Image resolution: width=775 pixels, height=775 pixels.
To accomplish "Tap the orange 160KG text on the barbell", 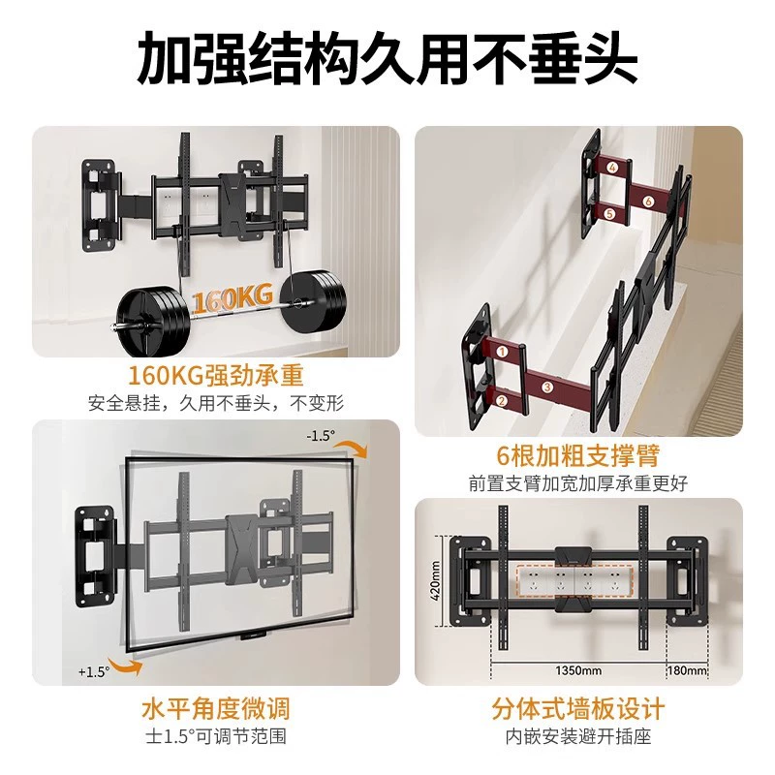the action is pyautogui.click(x=232, y=298).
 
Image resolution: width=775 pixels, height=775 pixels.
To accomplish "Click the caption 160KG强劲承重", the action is pyautogui.click(x=215, y=376).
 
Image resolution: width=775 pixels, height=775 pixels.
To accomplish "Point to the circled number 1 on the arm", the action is pyautogui.click(x=502, y=352).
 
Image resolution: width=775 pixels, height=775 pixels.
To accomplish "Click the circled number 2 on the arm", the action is pyautogui.click(x=501, y=400).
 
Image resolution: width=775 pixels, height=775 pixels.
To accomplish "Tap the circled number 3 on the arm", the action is pyautogui.click(x=546, y=387).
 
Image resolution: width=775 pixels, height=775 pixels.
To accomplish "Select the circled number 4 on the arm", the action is pyautogui.click(x=613, y=168).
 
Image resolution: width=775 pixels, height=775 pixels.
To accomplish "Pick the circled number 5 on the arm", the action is pyautogui.click(x=610, y=213).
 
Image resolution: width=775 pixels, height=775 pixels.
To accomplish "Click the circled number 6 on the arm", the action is pyautogui.click(x=648, y=201).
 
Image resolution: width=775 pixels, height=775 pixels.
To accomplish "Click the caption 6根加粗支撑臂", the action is pyautogui.click(x=577, y=455).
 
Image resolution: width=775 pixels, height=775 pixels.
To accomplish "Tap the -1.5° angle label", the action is pyautogui.click(x=321, y=435).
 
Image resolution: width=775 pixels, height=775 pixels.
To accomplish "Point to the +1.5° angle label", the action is pyautogui.click(x=93, y=671).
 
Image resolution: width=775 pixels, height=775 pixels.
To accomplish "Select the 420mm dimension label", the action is pyautogui.click(x=435, y=580).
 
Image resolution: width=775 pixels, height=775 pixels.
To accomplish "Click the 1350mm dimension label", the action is pyautogui.click(x=578, y=670).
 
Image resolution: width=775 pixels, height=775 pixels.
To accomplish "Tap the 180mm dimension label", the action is pyautogui.click(x=687, y=670).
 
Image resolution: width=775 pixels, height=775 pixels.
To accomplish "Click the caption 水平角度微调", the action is pyautogui.click(x=215, y=709).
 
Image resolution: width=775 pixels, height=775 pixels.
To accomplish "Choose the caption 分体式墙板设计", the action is pyautogui.click(x=577, y=709).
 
